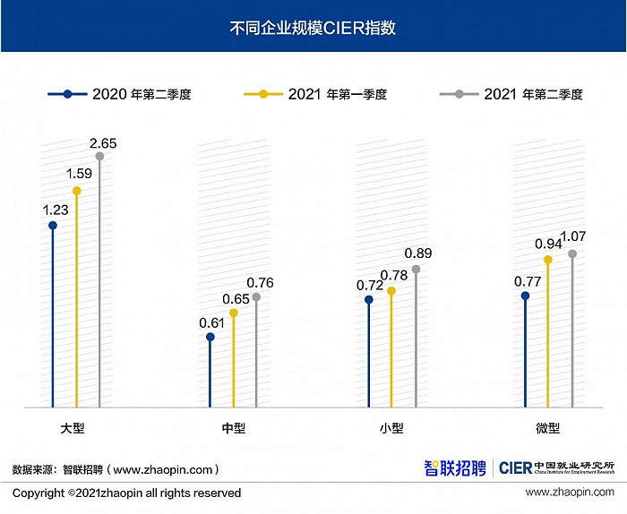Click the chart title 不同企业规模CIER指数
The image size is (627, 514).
[313, 28]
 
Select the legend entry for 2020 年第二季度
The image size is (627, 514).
[119, 94]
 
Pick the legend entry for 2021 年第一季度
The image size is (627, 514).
[315, 94]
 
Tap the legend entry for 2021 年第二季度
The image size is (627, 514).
[511, 94]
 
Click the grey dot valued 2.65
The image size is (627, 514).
[99, 157]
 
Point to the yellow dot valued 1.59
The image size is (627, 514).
[76, 191]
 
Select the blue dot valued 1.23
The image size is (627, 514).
[53, 226]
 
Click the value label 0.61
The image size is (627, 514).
[211, 323]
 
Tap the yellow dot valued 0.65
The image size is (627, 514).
[234, 313]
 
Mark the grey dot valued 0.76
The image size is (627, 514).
[256, 297]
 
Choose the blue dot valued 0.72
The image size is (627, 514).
[369, 299]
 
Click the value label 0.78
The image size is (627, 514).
[394, 276]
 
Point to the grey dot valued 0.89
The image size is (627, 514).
[416, 269]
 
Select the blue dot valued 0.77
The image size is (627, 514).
[525, 296]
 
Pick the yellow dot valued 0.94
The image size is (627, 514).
[548, 260]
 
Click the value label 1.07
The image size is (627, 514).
[573, 236]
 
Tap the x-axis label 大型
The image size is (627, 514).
[73, 428]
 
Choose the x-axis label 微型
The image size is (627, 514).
[547, 428]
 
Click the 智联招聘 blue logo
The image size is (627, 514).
[455, 468]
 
